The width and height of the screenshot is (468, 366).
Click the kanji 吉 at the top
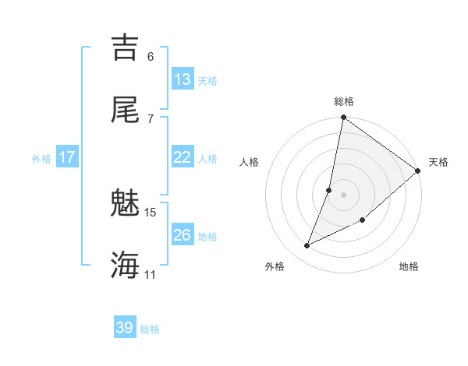126,48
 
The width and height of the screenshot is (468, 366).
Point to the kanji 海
126,265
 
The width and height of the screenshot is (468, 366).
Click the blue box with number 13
183,79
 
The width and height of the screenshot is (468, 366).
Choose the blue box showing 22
183,157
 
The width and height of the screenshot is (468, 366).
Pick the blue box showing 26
183,235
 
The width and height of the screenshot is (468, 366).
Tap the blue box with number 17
67,157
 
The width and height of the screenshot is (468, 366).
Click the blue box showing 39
125,328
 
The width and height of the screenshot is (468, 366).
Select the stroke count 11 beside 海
151,274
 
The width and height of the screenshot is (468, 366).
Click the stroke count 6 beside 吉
151,56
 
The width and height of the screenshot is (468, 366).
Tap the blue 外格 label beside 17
41,159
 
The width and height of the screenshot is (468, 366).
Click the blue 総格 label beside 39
150,329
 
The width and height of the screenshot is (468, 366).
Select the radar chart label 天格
438,162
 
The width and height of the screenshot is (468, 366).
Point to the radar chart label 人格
250,162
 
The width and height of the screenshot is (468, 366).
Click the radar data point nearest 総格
343,118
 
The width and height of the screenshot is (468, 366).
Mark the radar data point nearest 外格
307,246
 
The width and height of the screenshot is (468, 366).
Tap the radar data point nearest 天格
418,171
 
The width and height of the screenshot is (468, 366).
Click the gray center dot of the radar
343,194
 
